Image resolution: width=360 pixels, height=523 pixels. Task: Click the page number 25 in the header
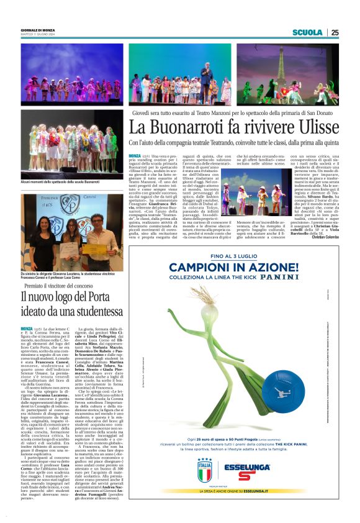[335, 33]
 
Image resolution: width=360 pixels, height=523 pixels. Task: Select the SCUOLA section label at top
[308, 33]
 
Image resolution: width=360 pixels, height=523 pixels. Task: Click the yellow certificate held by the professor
[95, 248]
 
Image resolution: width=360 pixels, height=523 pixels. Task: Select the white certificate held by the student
[70, 252]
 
